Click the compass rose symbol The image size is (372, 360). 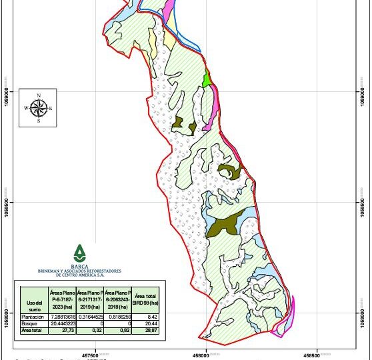(38, 107)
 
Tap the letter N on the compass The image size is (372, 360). (39, 95)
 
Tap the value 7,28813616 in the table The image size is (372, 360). (62, 317)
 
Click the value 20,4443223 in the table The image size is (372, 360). (62, 323)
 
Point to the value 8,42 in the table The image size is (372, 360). (151, 317)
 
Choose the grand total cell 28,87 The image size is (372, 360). (151, 329)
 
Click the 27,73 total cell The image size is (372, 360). (62, 329)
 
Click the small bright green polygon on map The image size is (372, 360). (207, 79)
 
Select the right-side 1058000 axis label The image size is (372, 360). (363, 312)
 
